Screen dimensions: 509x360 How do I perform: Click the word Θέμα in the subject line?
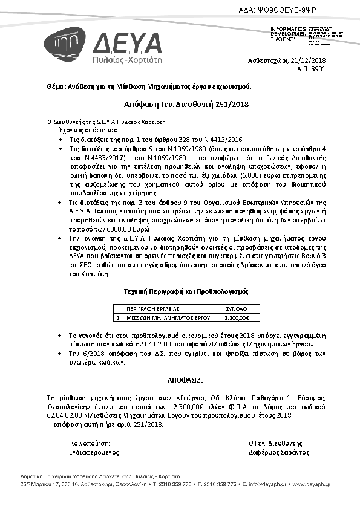tap(56, 86)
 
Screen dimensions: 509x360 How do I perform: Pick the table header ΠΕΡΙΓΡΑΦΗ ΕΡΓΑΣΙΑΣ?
tap(148, 308)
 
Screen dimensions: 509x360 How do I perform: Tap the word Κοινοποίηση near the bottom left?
tap(90, 443)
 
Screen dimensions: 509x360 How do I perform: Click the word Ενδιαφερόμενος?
tap(94, 452)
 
